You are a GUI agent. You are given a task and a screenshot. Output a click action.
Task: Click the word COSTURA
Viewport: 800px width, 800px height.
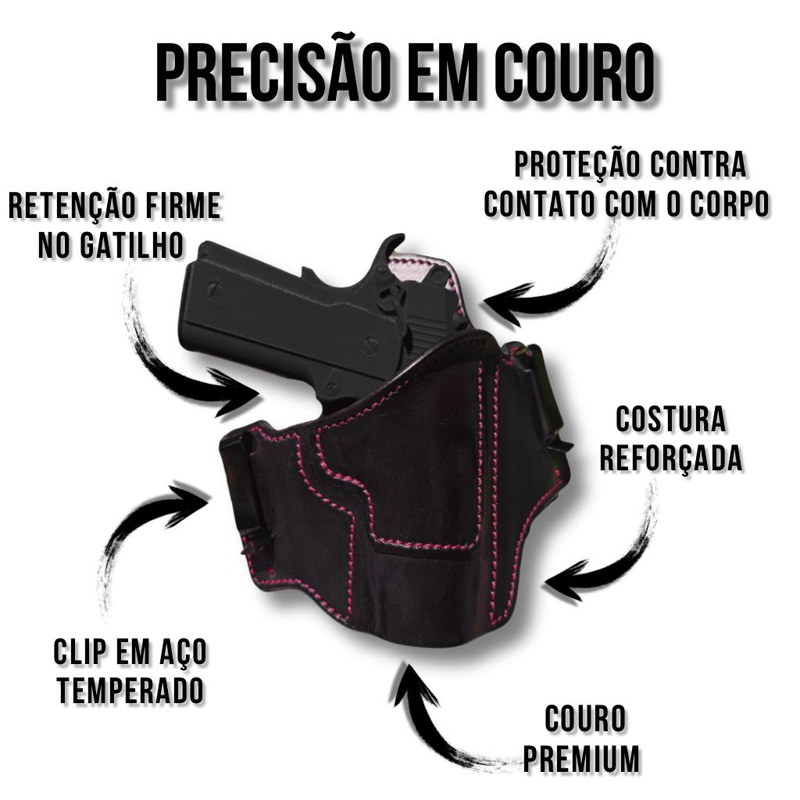pyautogui.click(x=670, y=419)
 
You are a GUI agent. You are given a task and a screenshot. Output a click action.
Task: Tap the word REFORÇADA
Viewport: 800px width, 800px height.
pyautogui.click(x=671, y=458)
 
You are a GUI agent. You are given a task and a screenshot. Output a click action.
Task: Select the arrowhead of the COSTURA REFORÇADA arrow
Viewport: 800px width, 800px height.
pyautogui.click(x=566, y=580)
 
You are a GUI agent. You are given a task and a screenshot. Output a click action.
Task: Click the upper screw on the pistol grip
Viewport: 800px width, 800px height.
pyautogui.click(x=214, y=290)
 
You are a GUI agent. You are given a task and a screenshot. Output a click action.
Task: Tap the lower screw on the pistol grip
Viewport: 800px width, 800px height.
pyautogui.click(x=370, y=346)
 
